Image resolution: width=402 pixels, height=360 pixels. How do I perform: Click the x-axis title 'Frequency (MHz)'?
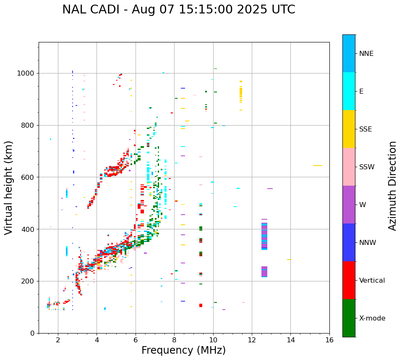[x=183, y=350]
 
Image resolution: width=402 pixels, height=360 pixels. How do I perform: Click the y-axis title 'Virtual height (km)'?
[x=9, y=188]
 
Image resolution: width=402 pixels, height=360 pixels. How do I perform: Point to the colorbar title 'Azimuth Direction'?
[x=392, y=186]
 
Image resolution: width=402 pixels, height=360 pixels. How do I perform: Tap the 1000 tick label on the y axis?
[x=26, y=74]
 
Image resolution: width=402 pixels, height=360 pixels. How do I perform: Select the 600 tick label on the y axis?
[x=28, y=177]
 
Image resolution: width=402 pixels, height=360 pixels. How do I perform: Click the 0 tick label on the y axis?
[x=32, y=333]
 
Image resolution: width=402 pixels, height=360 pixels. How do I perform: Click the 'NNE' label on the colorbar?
[x=366, y=54]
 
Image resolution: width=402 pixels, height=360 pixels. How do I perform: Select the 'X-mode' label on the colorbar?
[x=372, y=318]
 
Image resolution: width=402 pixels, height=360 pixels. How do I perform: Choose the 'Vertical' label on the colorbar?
[x=372, y=281]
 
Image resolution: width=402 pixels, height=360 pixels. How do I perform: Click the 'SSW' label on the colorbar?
[x=367, y=167]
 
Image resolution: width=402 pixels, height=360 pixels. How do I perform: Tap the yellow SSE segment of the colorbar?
[x=349, y=129]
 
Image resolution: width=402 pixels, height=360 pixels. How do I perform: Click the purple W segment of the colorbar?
[x=349, y=205]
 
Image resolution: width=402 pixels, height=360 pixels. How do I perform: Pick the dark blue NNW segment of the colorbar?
[x=349, y=242]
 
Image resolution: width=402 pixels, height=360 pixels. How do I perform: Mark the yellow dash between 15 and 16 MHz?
[x=318, y=166]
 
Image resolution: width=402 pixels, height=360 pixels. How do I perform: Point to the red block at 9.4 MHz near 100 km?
[x=201, y=305]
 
